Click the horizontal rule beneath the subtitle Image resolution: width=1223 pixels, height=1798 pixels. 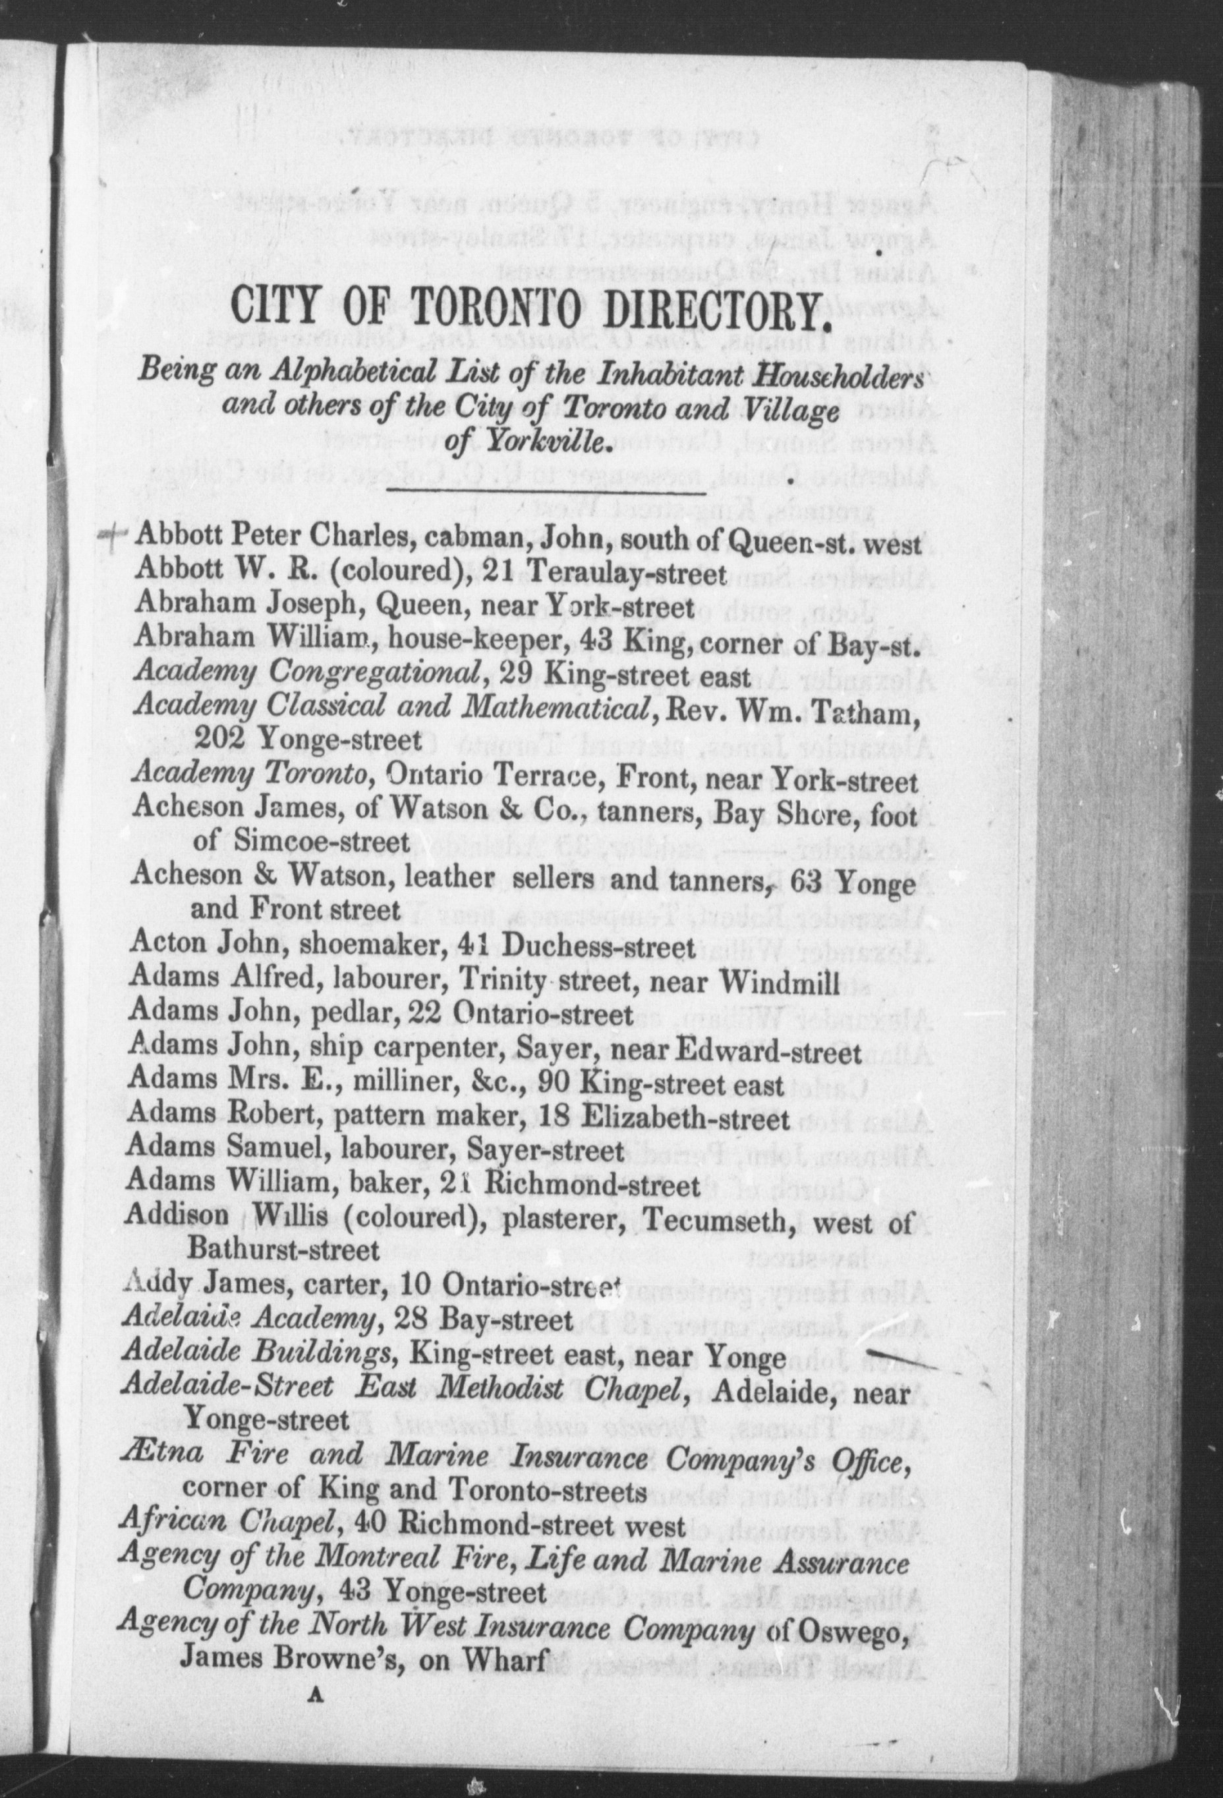[546, 490]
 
